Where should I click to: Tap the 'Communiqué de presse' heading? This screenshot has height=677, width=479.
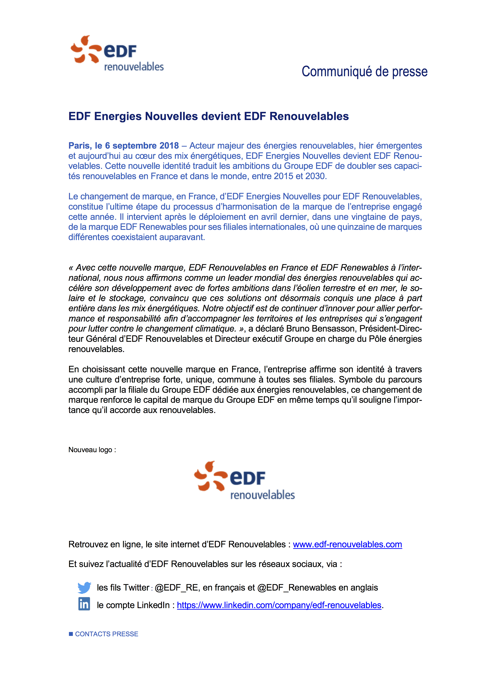(x=364, y=72)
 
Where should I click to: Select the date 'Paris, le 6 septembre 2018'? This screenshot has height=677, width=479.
(x=123, y=146)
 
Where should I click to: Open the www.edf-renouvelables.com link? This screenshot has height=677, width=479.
(x=347, y=544)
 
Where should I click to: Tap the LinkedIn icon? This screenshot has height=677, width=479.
(x=84, y=604)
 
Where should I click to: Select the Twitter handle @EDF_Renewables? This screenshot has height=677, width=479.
(x=296, y=588)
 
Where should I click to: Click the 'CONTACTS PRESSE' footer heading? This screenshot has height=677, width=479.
(x=107, y=634)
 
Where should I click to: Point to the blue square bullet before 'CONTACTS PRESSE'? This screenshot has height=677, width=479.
(x=71, y=634)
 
